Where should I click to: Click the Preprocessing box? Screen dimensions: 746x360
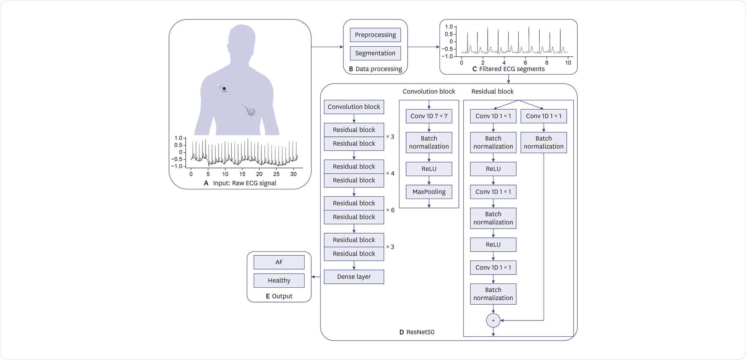(375, 35)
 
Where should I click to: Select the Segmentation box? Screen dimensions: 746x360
(375, 53)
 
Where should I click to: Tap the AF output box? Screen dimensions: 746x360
(279, 262)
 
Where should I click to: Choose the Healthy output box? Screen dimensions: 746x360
(279, 280)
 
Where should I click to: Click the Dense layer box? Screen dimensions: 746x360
(354, 277)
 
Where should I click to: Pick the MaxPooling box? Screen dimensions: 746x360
(429, 192)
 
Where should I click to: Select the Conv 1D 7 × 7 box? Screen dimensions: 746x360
(429, 116)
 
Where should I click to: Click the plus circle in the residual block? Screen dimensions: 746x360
(493, 320)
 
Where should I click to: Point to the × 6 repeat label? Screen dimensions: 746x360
(390, 210)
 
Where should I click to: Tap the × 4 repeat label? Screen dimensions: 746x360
(390, 173)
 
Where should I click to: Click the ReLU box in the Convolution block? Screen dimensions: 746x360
(429, 169)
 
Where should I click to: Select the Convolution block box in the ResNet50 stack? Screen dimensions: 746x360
(354, 107)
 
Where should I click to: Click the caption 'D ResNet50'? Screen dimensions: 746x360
(417, 332)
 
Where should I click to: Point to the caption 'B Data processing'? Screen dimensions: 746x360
(375, 69)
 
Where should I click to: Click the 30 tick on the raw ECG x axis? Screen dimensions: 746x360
(293, 174)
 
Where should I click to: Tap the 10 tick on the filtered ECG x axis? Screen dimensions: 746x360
(568, 63)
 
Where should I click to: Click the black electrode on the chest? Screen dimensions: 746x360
(224, 89)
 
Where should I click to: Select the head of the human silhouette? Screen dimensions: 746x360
(242, 39)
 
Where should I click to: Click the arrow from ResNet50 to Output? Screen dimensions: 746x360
(316, 277)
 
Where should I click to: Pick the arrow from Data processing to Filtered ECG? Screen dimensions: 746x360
(424, 47)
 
